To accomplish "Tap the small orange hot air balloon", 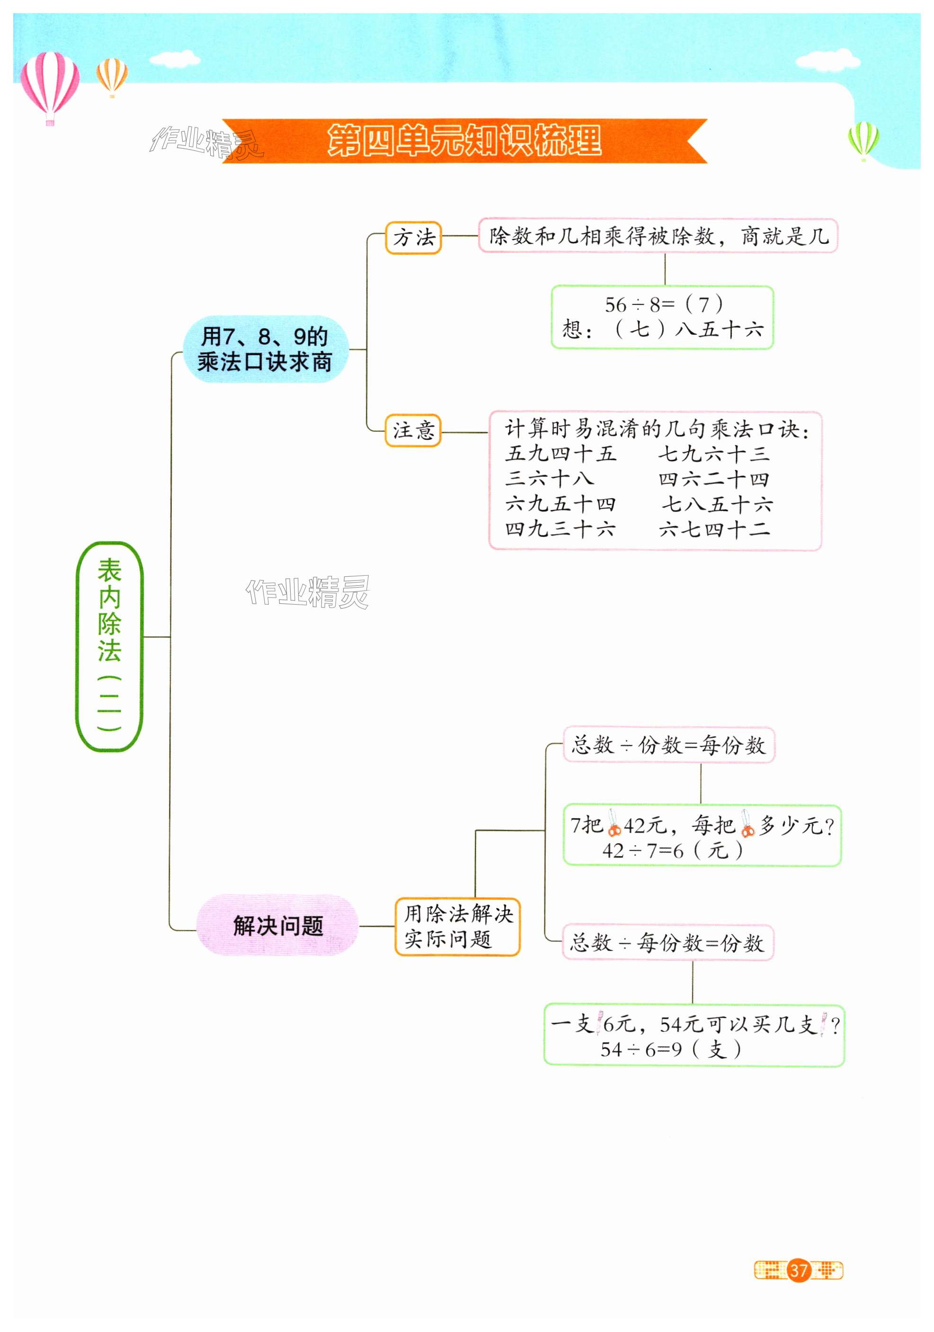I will click(112, 76).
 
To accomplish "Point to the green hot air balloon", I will click(863, 139).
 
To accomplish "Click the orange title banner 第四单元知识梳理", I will click(464, 141).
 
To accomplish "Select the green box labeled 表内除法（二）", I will click(110, 646).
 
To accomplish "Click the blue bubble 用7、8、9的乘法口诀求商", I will click(265, 349).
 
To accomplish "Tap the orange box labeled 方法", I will click(414, 237).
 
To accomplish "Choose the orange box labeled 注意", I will click(413, 430).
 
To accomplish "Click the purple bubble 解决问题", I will click(277, 925).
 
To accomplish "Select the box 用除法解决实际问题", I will click(458, 927).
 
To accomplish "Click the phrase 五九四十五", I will click(560, 454).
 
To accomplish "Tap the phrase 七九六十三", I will click(713, 454).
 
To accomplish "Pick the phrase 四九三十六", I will click(560, 529).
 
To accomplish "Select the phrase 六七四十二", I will click(714, 529).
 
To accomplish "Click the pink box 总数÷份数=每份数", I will click(668, 745).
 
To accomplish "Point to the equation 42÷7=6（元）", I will click(672, 850).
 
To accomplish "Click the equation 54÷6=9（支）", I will click(671, 1049).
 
